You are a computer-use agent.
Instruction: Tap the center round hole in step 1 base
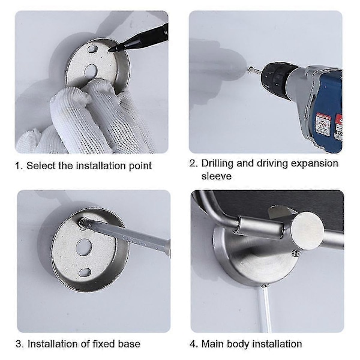(x=91, y=71)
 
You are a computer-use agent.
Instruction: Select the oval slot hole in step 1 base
(x=92, y=49)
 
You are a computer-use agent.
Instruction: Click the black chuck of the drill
(x=276, y=76)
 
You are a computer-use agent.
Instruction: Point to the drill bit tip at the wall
(x=250, y=68)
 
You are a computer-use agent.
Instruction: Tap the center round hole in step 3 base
(x=84, y=247)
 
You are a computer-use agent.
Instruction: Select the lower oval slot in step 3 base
(x=85, y=272)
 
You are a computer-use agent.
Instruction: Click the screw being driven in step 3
(x=83, y=223)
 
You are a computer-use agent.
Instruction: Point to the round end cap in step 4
(x=308, y=230)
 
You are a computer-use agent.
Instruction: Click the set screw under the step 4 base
(x=265, y=286)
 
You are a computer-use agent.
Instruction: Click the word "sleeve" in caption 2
(x=216, y=176)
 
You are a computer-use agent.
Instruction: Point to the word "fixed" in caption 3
(x=104, y=344)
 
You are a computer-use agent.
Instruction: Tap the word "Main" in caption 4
(x=212, y=344)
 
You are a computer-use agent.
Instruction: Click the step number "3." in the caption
(x=20, y=344)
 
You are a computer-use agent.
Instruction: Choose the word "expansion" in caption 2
(x=314, y=163)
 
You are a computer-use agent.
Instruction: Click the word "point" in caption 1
(x=140, y=166)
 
